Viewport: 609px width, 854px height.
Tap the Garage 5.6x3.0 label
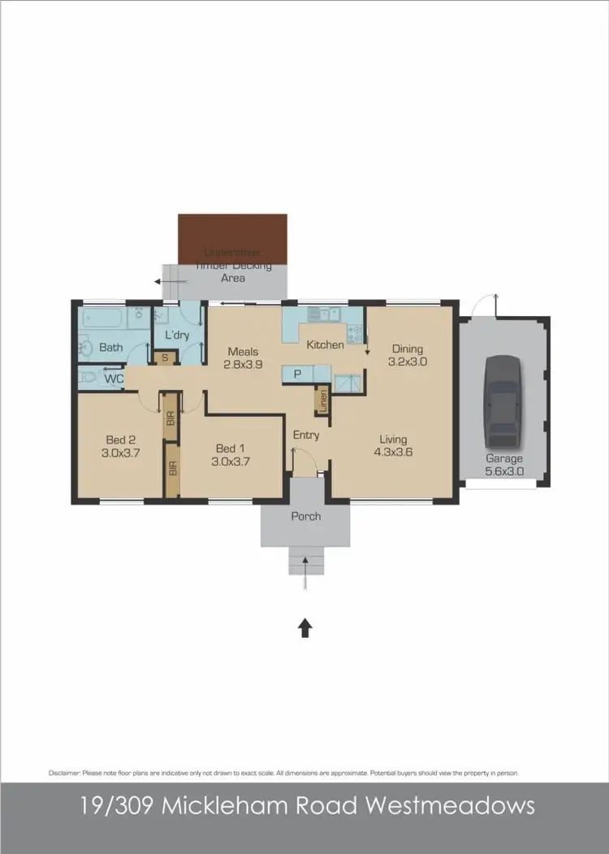(504, 465)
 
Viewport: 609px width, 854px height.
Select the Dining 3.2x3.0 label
(408, 355)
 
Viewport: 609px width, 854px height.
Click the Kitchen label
(325, 345)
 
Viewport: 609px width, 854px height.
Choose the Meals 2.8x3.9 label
(242, 358)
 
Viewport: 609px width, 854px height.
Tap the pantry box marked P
(298, 374)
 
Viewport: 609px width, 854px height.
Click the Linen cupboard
(322, 401)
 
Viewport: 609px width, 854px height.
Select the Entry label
(306, 436)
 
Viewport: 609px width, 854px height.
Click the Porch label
(306, 516)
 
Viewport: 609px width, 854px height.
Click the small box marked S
(166, 358)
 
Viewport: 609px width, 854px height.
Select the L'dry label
(177, 335)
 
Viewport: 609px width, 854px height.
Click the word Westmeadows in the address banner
(451, 806)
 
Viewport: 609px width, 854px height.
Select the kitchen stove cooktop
(355, 332)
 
